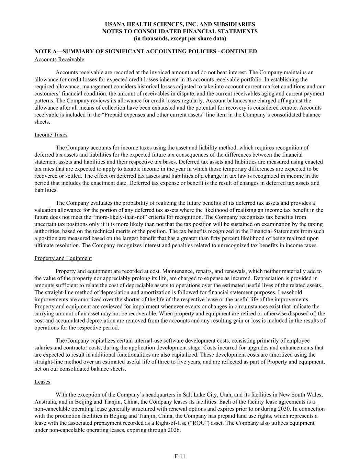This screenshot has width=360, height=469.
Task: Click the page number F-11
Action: click(x=180, y=456)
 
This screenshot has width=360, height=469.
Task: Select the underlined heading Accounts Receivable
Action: click(x=59, y=59)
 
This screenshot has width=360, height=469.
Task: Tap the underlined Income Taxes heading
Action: click(x=51, y=135)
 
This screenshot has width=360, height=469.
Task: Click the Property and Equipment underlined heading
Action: click(x=63, y=258)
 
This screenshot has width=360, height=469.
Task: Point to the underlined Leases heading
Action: click(x=42, y=382)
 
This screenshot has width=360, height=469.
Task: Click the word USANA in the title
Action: click(x=115, y=24)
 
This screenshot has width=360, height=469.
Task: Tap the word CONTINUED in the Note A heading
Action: click(x=239, y=52)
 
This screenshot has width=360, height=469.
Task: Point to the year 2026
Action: click(x=174, y=430)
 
